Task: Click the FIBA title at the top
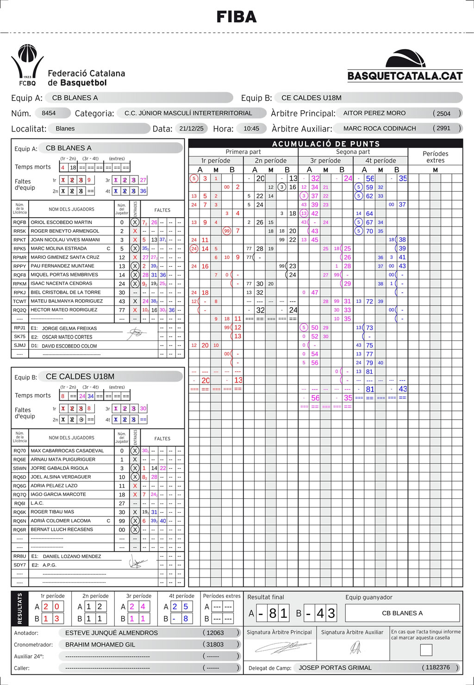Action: [237, 17]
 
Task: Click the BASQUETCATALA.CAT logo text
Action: [405, 76]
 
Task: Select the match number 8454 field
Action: [49, 113]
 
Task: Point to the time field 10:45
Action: [251, 128]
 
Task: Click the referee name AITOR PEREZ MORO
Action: [374, 113]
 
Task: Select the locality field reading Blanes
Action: [65, 128]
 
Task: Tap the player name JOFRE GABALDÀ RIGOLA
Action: [59, 468]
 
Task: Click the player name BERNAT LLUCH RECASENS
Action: [62, 529]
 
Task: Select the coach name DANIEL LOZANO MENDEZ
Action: [72, 556]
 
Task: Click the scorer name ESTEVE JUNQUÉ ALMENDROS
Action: [112, 633]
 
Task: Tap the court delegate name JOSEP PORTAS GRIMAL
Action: [335, 668]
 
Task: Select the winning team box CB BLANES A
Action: [402, 613]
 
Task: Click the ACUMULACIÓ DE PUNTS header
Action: [326, 144]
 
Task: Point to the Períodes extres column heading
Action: [435, 157]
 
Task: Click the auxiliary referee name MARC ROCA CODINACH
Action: [380, 128]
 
